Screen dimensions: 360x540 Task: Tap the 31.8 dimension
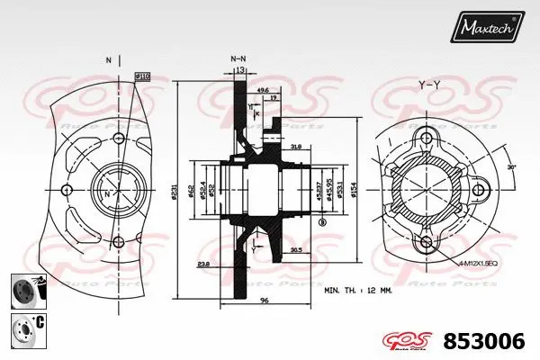click(x=295, y=146)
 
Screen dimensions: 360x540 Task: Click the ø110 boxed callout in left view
click(x=141, y=77)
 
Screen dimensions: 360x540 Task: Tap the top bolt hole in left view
click(x=118, y=138)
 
